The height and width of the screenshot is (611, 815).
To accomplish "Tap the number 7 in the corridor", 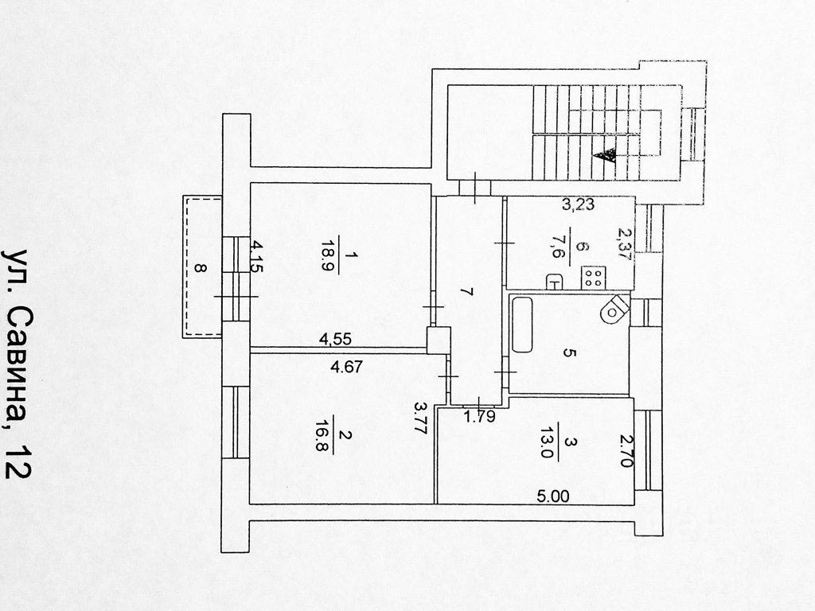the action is tap(468, 294).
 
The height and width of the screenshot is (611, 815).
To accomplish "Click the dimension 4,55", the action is tap(335, 339).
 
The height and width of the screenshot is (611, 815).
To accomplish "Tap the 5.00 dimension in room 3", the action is tap(553, 496).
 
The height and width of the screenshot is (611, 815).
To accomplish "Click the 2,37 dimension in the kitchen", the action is tap(623, 244).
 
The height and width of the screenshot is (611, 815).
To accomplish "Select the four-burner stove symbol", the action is tap(593, 278).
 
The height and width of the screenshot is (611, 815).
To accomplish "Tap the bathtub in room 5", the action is tap(523, 325).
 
